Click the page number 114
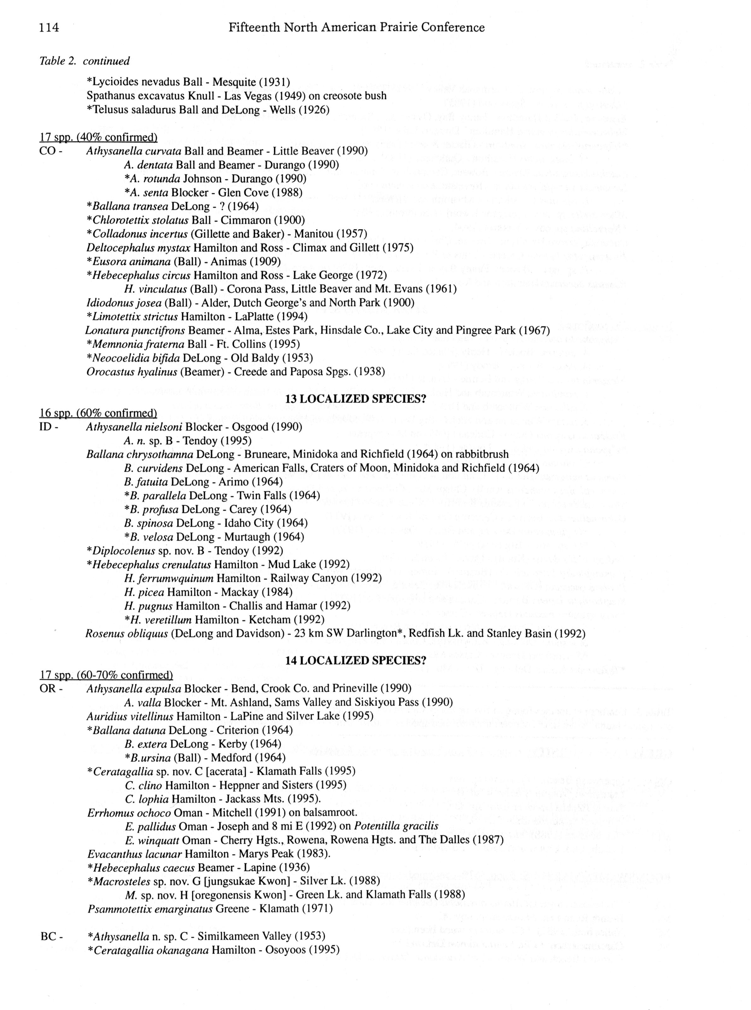(x=49, y=28)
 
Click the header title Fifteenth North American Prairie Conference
(x=356, y=28)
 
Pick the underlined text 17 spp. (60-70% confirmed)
(x=106, y=675)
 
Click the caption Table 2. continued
(x=85, y=61)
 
